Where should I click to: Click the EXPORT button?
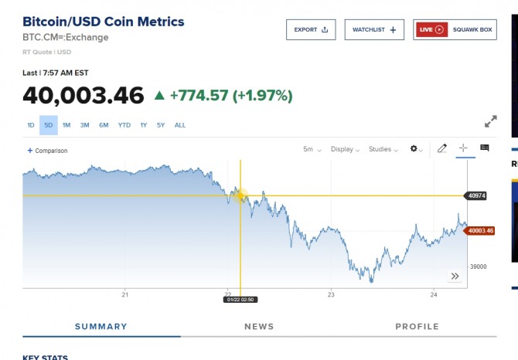[311, 30]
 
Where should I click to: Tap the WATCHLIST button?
[374, 30]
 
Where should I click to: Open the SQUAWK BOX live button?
[455, 30]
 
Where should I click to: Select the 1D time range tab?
[31, 125]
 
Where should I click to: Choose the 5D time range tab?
[48, 125]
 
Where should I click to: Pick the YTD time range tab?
[124, 125]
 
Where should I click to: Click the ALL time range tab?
[180, 125]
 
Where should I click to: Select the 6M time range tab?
[104, 125]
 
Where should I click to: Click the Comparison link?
[48, 151]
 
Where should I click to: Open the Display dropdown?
[344, 149]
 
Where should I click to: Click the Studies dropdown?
[383, 149]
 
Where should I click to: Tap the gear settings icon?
[416, 149]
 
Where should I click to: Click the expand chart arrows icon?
[490, 122]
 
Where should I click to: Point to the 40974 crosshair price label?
[475, 195]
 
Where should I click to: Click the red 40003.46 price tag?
[480, 230]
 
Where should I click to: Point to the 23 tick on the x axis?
[331, 294]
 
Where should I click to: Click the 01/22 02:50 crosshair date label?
[240, 299]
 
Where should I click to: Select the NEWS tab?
[259, 327]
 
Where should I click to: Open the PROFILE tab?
[417, 327]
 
